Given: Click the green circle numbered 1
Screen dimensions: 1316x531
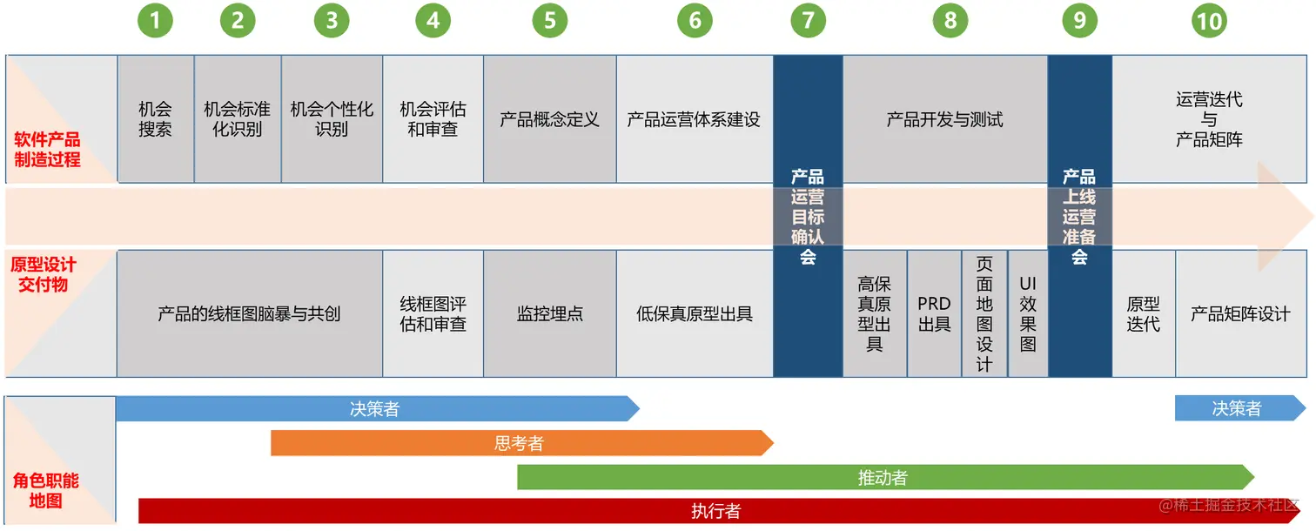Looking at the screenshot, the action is (x=155, y=21).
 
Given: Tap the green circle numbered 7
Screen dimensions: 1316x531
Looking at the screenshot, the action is (x=808, y=21).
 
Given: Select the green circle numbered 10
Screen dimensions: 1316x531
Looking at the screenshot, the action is (x=1209, y=22).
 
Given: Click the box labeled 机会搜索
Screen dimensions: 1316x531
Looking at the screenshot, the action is (x=155, y=119).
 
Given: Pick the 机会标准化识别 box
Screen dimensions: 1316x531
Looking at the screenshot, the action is (x=237, y=119).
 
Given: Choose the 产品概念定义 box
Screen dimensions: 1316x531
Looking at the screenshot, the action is (x=549, y=119).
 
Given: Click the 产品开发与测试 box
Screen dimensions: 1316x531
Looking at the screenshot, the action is (x=944, y=119).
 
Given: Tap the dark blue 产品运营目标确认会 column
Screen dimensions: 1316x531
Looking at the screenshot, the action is (x=808, y=216).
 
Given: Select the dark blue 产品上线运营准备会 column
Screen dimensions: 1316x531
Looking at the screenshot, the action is (x=1079, y=216).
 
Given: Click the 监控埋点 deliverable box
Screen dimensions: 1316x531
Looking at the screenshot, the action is (x=549, y=314).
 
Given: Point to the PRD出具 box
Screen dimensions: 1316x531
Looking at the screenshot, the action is (x=934, y=314).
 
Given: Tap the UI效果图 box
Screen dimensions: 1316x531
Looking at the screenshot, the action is (x=1028, y=314).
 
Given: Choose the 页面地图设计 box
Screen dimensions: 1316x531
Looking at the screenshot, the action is (x=984, y=314).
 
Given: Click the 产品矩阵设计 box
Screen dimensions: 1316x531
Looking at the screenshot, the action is (x=1240, y=314).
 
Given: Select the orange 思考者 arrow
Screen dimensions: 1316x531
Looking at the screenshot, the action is (x=520, y=443).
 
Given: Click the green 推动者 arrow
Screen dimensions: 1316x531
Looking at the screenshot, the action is (x=883, y=477).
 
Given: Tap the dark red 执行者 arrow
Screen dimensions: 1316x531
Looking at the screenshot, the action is (x=715, y=511).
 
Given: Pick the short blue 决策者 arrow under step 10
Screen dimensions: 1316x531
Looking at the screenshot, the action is (x=1237, y=408).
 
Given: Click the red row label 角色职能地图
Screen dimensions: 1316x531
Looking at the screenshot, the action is (x=45, y=491).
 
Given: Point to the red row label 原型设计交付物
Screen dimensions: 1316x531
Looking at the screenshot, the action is (x=44, y=274).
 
